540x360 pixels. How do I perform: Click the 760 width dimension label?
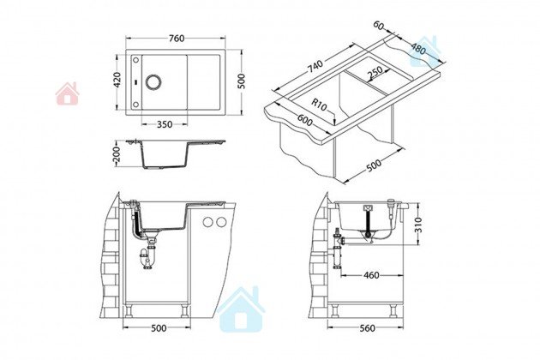click(177, 39)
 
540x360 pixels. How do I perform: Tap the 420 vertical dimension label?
click(117, 80)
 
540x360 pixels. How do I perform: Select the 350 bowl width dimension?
click(165, 124)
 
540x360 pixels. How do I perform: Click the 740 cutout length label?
click(315, 67)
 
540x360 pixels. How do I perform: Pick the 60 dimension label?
click(379, 25)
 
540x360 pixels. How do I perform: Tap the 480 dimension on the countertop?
click(418, 50)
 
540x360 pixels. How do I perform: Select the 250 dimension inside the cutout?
click(375, 72)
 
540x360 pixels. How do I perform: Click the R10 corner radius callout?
click(319, 105)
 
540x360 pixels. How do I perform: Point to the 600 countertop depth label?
click(305, 120)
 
